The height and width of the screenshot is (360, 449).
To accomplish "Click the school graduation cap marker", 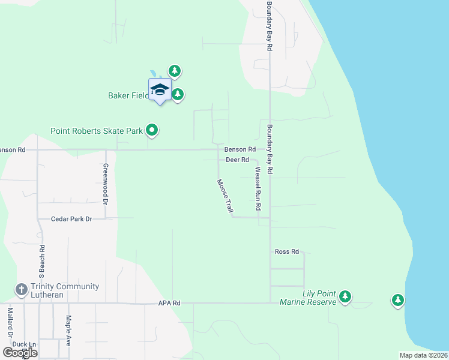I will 160,90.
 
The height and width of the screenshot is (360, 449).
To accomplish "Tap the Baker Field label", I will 127,95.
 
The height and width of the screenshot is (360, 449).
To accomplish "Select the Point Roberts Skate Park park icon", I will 152,130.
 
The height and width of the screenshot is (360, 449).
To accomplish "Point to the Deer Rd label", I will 237,160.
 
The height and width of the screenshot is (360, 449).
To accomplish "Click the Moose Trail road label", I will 224,196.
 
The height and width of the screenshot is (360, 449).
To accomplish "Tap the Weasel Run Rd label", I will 258,188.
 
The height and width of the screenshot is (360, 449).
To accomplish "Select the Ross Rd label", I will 286,252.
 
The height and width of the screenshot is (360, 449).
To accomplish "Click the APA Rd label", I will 169,304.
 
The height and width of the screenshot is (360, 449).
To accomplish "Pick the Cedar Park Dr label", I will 71,219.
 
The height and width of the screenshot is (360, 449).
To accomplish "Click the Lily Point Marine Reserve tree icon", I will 345,296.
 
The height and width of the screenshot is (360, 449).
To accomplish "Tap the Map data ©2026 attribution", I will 423,355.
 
